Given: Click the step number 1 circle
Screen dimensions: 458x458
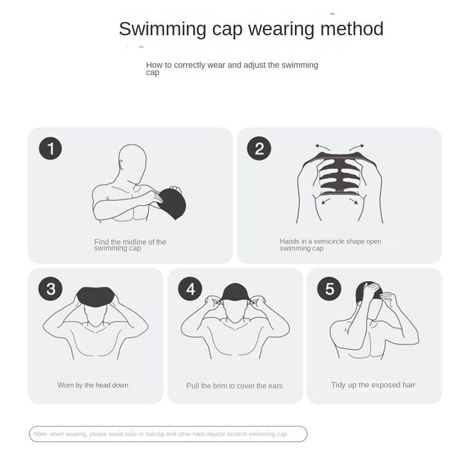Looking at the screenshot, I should click(50, 148).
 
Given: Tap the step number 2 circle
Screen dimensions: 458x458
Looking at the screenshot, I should click(259, 148).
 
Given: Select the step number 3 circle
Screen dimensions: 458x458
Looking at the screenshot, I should click(50, 289).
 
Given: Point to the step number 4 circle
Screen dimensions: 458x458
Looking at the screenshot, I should click(190, 289).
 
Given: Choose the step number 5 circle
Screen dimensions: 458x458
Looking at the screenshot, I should click(329, 289).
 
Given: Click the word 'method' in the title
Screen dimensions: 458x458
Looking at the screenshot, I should click(352, 29).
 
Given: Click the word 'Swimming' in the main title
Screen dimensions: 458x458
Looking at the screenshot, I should click(163, 29).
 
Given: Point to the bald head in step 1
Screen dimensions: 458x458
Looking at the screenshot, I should click(131, 160).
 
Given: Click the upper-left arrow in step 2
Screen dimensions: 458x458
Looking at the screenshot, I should click(322, 147).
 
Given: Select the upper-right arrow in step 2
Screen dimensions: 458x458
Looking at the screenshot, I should click(357, 147).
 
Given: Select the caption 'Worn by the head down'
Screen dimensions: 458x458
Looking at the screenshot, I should click(93, 385).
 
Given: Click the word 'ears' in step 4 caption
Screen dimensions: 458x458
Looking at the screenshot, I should click(273, 386).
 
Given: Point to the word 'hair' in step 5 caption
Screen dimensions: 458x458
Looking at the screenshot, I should click(407, 385).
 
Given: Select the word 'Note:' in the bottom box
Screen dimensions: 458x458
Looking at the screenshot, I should click(41, 434).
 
